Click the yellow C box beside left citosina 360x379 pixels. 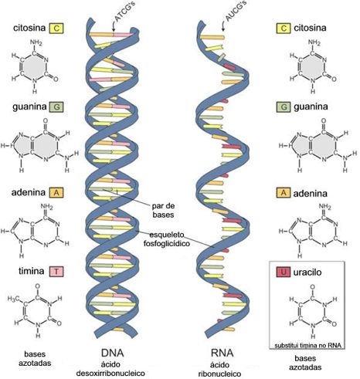coord(56,28)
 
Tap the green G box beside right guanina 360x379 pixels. coord(284,107)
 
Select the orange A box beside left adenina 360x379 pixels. coord(56,192)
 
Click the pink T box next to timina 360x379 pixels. coord(56,271)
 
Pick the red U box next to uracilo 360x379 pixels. coord(284,272)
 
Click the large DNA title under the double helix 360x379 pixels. coord(113,353)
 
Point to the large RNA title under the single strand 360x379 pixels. coord(222,353)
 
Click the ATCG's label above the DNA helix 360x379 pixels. coord(123,12)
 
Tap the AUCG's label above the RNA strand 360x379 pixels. coord(236,11)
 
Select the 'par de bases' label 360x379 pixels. coord(163,210)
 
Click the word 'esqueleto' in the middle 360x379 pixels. coord(167,235)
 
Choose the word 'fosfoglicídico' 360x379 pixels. coord(167,243)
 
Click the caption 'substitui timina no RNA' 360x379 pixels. coord(307,345)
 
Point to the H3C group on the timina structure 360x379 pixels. coord(13,299)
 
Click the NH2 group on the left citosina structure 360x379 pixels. coord(36,42)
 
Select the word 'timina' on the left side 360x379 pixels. coord(31,271)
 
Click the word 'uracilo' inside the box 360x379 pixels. coord(307,272)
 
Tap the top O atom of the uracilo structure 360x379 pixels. coord(313,287)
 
